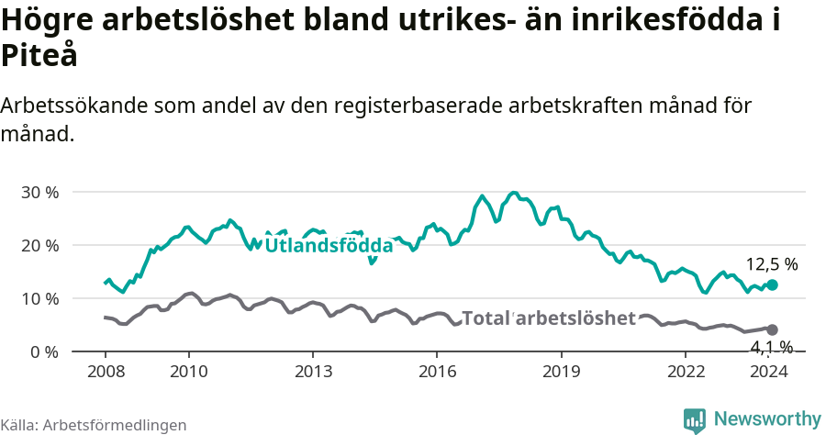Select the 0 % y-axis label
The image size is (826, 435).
pos(45,352)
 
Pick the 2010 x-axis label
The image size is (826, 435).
pos(188,371)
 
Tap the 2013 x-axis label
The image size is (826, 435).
pos(313,371)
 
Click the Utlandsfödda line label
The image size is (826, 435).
pos(329,246)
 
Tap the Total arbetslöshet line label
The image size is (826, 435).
pos(548,318)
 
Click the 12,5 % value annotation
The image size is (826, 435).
pos(771,264)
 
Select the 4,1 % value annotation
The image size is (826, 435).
pos(771,347)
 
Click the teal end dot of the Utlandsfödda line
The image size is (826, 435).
pos(772,285)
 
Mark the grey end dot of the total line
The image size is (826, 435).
pos(772,329)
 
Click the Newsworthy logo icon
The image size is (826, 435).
pos(695,420)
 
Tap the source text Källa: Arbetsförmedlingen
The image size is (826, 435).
pos(94,425)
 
